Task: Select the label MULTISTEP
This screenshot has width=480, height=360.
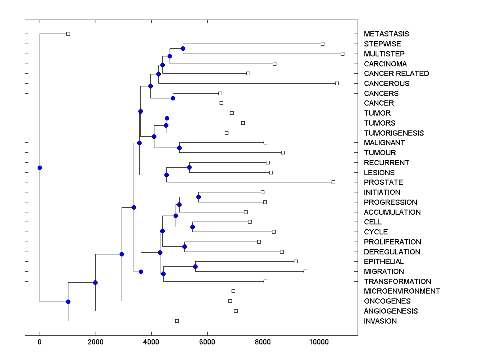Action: point(384,54)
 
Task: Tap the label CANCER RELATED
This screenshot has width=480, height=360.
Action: point(396,74)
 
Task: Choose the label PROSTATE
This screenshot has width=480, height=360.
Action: point(383,182)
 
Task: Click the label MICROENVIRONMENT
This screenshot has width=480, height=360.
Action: point(402,291)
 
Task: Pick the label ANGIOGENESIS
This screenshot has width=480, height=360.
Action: point(390,311)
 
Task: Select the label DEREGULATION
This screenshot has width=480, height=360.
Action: point(392,252)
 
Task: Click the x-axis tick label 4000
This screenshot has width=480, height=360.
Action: point(151,342)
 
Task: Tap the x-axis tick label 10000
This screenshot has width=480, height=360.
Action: point(319,342)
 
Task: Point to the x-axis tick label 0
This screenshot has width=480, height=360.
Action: point(40,342)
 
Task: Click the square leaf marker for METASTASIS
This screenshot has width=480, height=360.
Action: point(68,34)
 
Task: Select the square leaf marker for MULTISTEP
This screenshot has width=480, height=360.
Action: point(342,54)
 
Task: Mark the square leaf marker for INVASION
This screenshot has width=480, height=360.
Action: point(177,321)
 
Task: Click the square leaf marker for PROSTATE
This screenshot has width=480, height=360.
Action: point(333,182)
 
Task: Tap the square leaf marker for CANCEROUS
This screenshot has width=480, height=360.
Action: point(337,83)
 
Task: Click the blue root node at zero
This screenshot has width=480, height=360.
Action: point(40,168)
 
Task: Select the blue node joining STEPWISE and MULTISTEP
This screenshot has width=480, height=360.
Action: point(183,49)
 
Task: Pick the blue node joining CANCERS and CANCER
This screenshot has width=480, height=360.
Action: point(173,98)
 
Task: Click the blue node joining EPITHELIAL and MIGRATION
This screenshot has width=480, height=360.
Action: point(195,266)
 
